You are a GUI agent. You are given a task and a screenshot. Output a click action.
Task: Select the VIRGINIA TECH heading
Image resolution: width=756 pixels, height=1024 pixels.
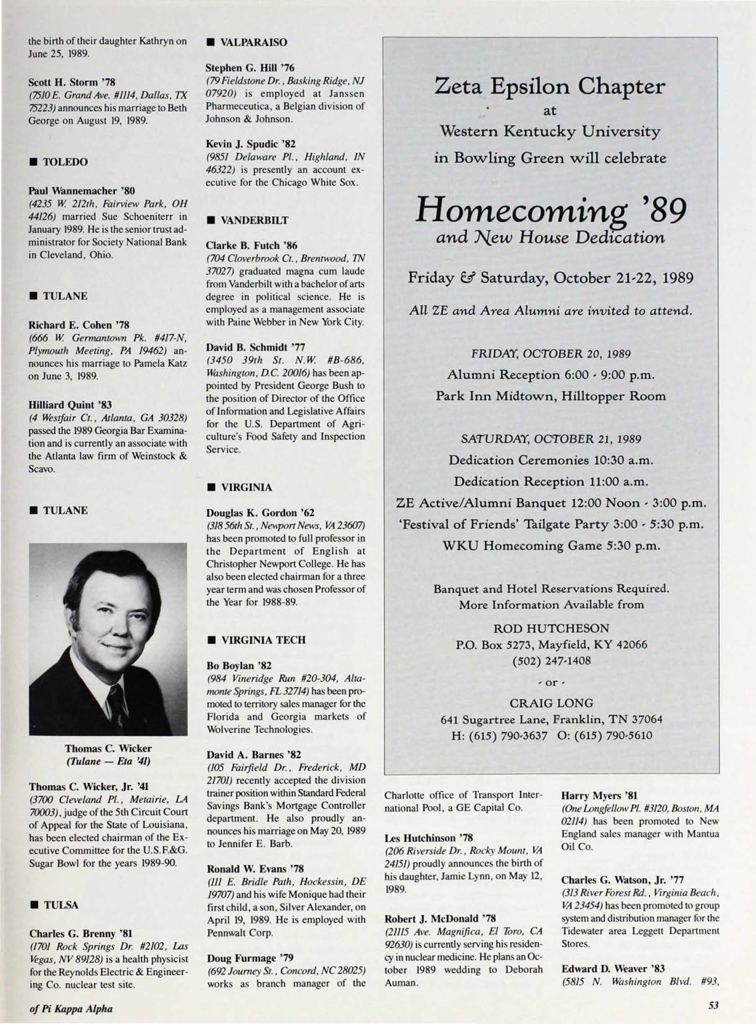[263, 640]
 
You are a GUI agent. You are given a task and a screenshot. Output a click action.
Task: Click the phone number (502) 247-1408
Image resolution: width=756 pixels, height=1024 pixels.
[552, 661]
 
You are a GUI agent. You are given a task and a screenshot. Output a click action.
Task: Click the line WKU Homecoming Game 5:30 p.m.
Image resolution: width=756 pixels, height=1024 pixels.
[552, 546]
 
